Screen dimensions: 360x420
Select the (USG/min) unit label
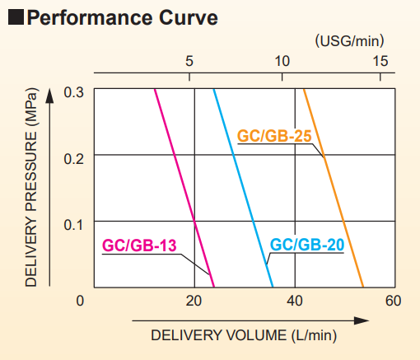pyautogui.click(x=349, y=39)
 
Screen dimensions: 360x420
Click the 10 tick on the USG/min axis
pyautogui.click(x=282, y=60)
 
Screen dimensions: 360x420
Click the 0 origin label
pyautogui.click(x=80, y=300)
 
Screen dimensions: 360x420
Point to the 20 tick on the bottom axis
pyautogui.click(x=194, y=300)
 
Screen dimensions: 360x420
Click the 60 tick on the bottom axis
pyautogui.click(x=393, y=300)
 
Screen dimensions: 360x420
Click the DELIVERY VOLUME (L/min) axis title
pyautogui.click(x=244, y=335)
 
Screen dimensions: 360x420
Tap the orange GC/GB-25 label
pyautogui.click(x=273, y=136)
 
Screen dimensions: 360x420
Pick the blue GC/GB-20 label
pyautogui.click(x=307, y=245)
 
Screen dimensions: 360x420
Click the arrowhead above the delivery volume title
pyautogui.click(x=362, y=320)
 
